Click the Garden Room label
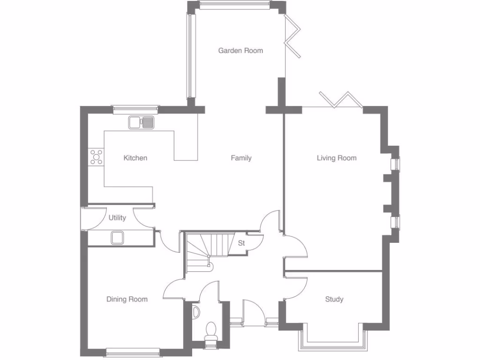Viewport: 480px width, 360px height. (x=240, y=51)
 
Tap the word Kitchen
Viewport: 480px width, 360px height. (x=135, y=158)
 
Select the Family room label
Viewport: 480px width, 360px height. (x=241, y=158)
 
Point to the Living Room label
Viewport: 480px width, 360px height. (x=336, y=158)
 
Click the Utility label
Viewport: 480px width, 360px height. (x=117, y=218)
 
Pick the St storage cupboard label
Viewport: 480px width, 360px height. (x=241, y=243)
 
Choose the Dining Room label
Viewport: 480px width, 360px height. (x=127, y=300)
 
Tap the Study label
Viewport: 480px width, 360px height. (x=334, y=299)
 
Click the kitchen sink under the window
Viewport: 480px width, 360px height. (x=141, y=122)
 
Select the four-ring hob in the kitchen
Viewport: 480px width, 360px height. (x=96, y=157)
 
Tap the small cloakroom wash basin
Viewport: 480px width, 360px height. (x=195, y=311)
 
